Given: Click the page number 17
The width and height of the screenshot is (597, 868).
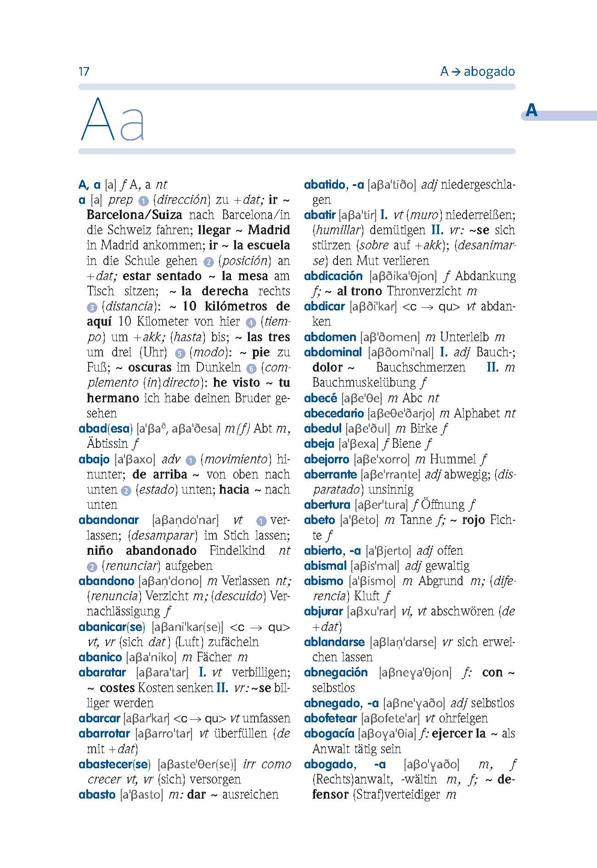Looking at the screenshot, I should click(84, 72).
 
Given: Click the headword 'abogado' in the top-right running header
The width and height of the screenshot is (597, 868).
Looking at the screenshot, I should click(489, 72).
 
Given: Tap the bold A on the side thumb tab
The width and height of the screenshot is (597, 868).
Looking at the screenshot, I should click(531, 111).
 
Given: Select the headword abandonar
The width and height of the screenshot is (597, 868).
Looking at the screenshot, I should click(108, 520).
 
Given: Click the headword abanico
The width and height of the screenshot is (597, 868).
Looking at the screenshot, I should click(100, 657).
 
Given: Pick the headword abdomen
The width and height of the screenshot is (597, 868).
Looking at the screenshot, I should click(330, 337).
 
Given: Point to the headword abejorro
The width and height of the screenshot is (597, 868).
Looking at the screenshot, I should click(327, 459).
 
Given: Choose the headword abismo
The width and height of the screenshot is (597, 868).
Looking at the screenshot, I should click(323, 581).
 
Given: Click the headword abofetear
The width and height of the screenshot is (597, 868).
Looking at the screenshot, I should click(331, 718).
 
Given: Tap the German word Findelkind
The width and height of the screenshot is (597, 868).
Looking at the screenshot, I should click(237, 551).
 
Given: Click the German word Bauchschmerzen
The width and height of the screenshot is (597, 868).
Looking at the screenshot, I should click(420, 367).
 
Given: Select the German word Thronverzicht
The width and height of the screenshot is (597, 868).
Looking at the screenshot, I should click(424, 291).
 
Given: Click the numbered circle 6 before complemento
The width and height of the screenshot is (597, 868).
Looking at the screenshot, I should click(251, 368).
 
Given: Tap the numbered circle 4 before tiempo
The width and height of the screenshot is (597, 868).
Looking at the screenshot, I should click(250, 322).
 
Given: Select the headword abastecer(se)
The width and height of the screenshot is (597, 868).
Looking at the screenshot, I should click(114, 764).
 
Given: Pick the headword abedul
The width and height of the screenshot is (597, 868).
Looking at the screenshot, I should click(322, 428).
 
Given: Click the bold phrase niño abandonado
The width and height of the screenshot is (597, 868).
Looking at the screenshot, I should click(141, 551).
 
